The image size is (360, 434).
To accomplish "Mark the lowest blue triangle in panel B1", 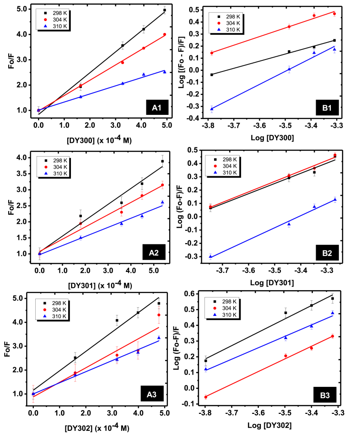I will click(x=212, y=109).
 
